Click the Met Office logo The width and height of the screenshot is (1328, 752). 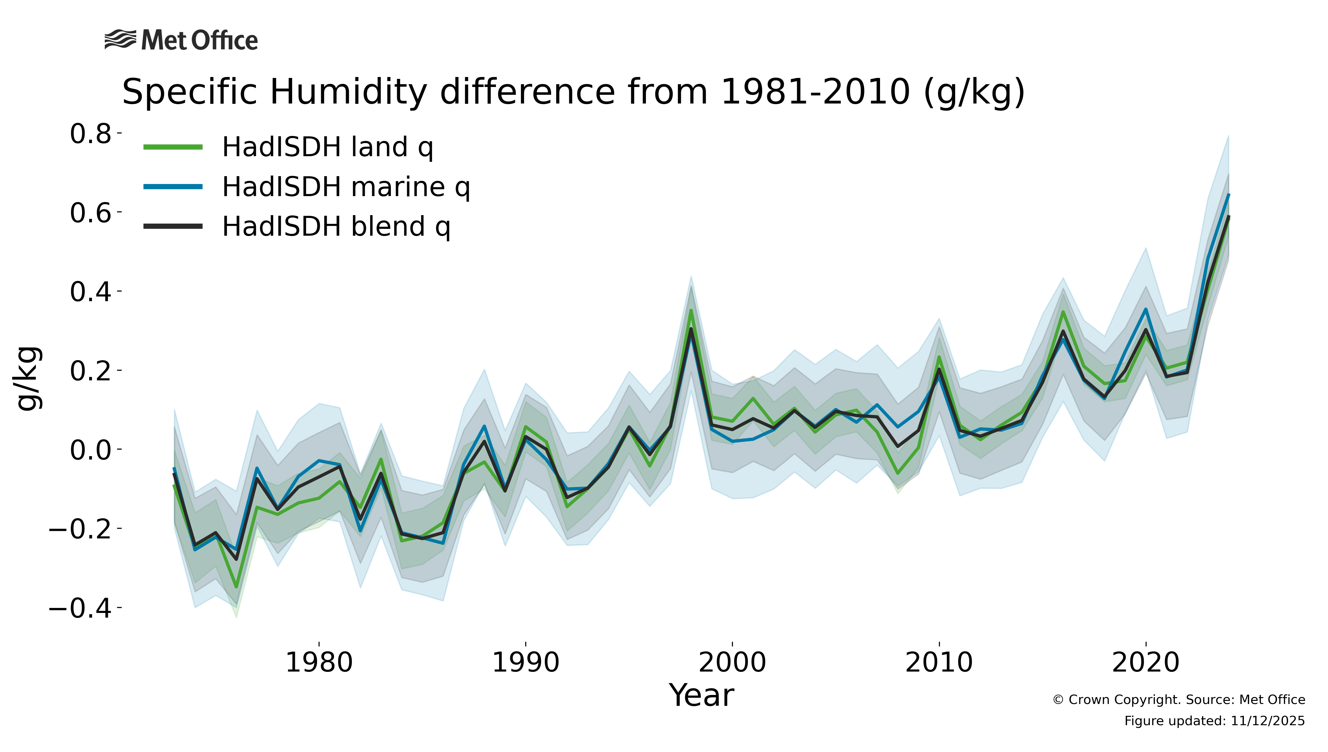tap(181, 40)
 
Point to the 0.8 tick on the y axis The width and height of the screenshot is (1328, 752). tap(91, 134)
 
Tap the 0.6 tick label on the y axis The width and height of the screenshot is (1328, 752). tap(91, 213)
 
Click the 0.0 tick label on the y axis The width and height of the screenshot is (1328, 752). tap(91, 450)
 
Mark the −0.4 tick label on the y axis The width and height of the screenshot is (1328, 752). tap(80, 608)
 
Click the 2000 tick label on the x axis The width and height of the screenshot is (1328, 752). tap(732, 663)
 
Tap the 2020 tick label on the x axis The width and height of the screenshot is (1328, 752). tap(1146, 663)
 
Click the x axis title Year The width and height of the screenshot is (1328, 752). tap(701, 695)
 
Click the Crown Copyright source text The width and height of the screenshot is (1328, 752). tap(1179, 700)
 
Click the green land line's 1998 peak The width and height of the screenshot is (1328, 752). tap(691, 311)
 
